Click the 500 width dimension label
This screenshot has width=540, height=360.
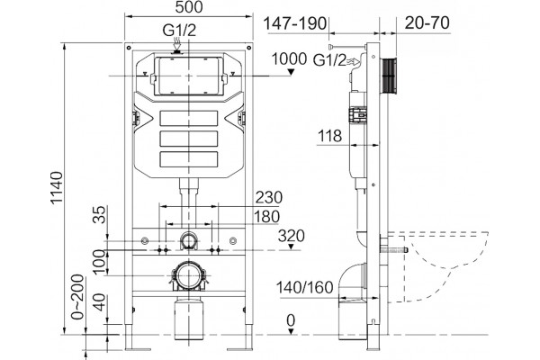point(189,7)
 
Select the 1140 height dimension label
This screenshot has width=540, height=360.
point(57,188)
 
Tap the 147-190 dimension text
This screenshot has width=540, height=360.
point(295,23)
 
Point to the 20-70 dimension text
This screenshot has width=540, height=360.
point(427,22)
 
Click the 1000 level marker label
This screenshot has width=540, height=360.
point(289,58)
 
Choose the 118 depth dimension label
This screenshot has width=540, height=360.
point(329,136)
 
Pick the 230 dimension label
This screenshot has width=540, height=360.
point(268,198)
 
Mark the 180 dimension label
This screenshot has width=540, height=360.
point(266,217)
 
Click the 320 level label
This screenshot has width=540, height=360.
point(292,236)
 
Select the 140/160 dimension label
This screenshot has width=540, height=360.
point(305,287)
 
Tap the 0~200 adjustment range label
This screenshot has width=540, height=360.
point(76,297)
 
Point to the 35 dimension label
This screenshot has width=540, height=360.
point(100,214)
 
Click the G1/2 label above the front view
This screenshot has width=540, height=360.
point(179,31)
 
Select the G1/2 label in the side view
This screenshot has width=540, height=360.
point(329,60)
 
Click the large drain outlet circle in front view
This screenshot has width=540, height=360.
point(188,275)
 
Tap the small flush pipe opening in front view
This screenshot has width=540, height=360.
point(188,240)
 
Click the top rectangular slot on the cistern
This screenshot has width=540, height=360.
point(189,118)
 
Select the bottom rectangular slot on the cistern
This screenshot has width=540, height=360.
point(189,159)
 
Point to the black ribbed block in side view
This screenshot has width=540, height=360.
point(389,76)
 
